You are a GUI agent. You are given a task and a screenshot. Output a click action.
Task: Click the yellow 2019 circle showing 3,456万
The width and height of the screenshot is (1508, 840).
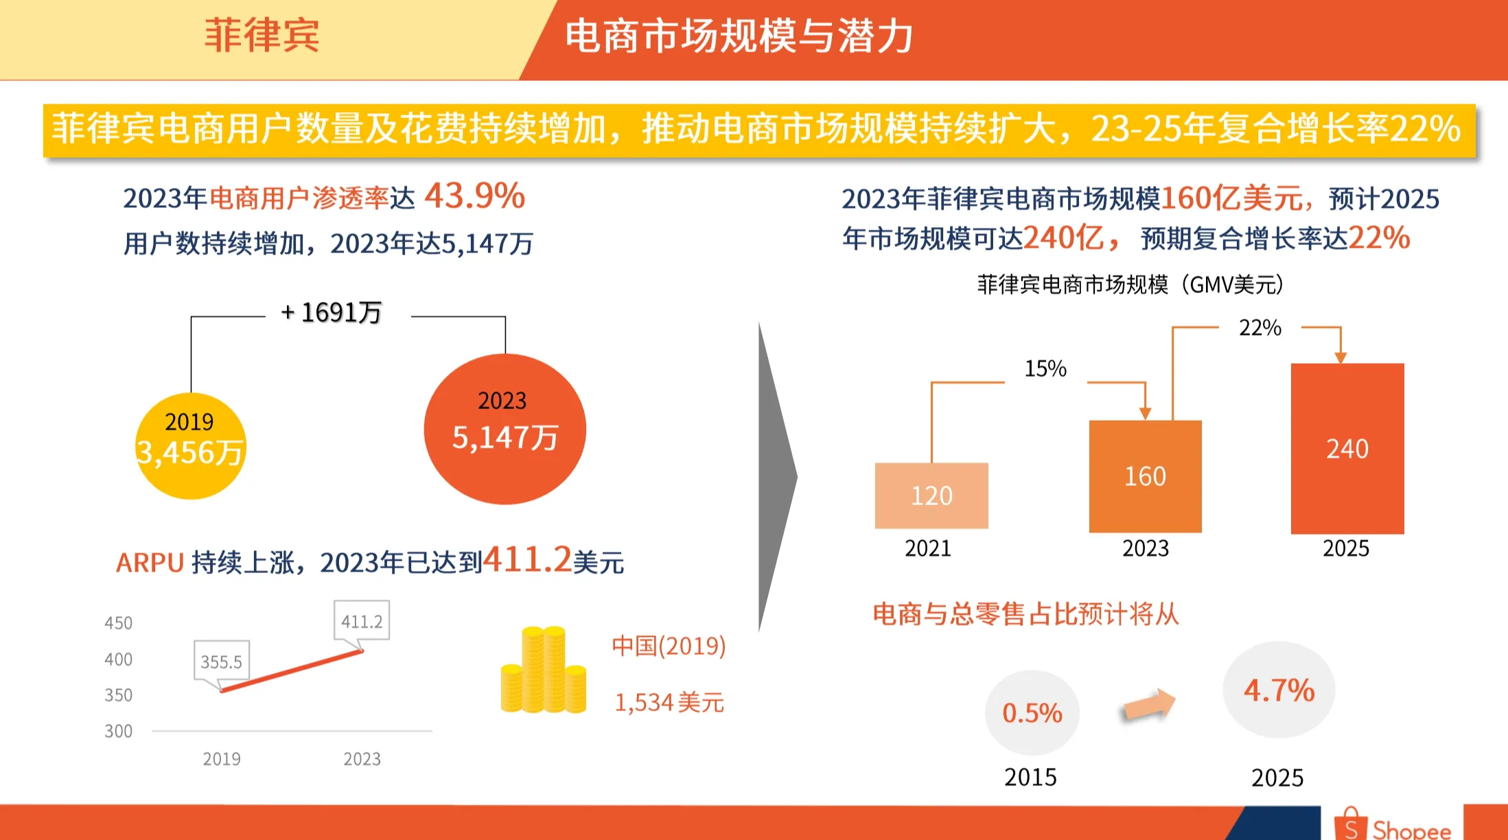(190, 445)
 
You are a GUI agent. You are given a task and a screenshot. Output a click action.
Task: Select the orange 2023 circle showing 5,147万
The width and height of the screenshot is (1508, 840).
(504, 429)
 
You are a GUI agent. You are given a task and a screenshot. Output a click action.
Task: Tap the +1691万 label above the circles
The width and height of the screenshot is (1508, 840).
(332, 313)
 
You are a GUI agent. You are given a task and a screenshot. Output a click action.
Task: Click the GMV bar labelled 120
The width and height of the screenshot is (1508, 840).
(931, 495)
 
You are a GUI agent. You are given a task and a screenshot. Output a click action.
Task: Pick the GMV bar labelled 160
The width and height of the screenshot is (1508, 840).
(1145, 476)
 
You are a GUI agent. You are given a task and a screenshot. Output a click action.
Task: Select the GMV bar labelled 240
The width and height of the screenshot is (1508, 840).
(1347, 448)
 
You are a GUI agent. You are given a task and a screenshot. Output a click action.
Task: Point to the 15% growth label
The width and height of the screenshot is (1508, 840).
(1045, 369)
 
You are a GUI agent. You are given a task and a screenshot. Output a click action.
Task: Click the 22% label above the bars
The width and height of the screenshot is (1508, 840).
(1260, 328)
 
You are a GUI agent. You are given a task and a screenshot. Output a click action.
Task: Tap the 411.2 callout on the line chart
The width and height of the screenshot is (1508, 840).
(362, 621)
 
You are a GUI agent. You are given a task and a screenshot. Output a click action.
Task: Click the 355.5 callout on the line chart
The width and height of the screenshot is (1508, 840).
(221, 662)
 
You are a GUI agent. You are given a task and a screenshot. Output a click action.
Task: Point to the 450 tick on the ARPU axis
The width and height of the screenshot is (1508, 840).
(118, 623)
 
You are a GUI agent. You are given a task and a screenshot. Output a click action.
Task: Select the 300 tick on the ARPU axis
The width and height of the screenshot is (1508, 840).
(118, 732)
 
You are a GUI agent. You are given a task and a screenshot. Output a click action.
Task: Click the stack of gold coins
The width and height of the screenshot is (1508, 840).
(544, 670)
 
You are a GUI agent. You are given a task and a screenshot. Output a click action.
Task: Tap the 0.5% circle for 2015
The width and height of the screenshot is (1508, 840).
(1032, 713)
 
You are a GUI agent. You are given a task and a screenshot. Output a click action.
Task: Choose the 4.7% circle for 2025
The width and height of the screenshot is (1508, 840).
(1279, 690)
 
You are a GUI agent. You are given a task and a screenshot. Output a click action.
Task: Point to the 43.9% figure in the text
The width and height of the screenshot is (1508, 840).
(474, 196)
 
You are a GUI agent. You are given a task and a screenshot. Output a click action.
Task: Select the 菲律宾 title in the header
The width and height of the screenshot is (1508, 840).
(262, 36)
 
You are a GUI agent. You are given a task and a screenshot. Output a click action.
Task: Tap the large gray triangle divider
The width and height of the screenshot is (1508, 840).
(776, 476)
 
